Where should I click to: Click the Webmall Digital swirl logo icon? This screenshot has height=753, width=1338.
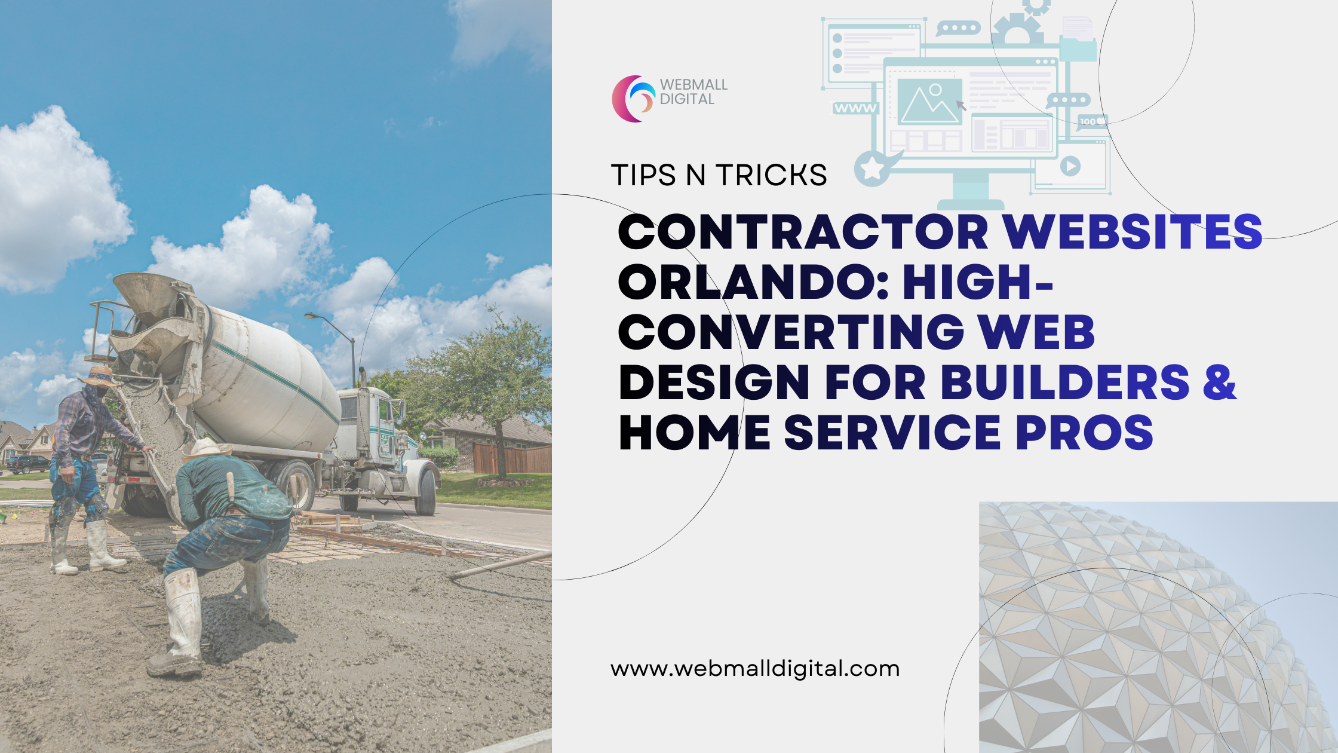[x=633, y=99]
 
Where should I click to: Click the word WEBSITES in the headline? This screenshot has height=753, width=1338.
[x=1132, y=232]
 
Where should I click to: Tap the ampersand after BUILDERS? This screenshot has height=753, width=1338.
[x=1219, y=382]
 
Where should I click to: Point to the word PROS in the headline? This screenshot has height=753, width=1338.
[x=1084, y=433]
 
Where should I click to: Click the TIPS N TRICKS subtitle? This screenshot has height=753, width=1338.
[x=719, y=175]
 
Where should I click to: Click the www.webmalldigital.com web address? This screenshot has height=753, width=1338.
[x=755, y=669]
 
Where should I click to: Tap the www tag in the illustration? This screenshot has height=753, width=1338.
[x=855, y=108]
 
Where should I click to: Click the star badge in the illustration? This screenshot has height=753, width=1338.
[x=873, y=169]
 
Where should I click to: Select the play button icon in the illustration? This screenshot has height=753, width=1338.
[x=1070, y=166]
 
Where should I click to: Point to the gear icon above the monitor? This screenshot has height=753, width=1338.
[x=1018, y=30]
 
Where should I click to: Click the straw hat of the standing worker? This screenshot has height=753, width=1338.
[x=99, y=376]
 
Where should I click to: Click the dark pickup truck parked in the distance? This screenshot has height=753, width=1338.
[x=27, y=463]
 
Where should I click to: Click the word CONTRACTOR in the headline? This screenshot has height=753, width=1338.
[x=803, y=232]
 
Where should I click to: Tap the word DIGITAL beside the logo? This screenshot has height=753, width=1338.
[x=687, y=99]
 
